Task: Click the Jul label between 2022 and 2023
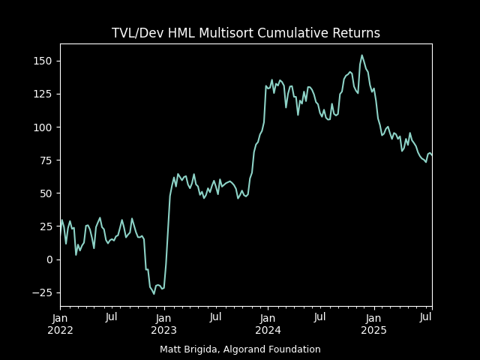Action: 112,317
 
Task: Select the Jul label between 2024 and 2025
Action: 319,317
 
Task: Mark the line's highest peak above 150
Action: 361,55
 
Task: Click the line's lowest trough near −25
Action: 154,294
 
